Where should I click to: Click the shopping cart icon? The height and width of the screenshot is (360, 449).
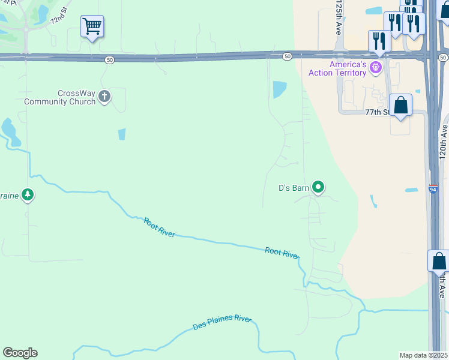coord(92,26)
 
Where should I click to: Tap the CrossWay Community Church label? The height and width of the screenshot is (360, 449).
coord(59,97)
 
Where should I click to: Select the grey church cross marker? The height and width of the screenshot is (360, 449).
coord(104,96)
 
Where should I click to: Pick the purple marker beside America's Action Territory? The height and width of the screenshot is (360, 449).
coord(376,67)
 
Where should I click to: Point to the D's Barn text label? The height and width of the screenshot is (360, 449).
coord(294,188)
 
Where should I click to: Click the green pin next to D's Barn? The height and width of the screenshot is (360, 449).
coord(319,188)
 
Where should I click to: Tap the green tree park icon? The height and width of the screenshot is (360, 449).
coord(28,194)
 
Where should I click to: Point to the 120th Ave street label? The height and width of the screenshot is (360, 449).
coord(444,139)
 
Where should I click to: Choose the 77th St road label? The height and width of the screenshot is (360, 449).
coord(378,112)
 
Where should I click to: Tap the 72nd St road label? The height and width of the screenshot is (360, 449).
coord(60,16)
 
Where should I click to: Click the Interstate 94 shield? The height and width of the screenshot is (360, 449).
coord(433,188)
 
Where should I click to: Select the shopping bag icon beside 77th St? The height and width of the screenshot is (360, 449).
coord(400,105)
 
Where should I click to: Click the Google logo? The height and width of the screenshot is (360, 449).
coord(20,353)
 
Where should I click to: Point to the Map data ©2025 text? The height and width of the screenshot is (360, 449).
coord(423,355)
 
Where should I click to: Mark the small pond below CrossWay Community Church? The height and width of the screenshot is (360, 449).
coord(122,134)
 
